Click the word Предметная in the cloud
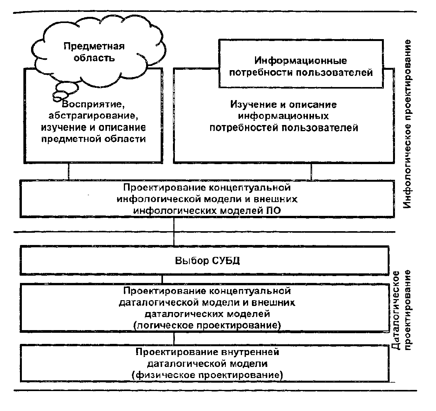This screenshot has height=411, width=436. (x=94, y=47)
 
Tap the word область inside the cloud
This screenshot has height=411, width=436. (x=94, y=59)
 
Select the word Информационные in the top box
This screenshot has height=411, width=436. (x=301, y=61)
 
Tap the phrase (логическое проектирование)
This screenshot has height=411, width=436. (x=207, y=326)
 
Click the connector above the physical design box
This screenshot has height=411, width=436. (x=174, y=339)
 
